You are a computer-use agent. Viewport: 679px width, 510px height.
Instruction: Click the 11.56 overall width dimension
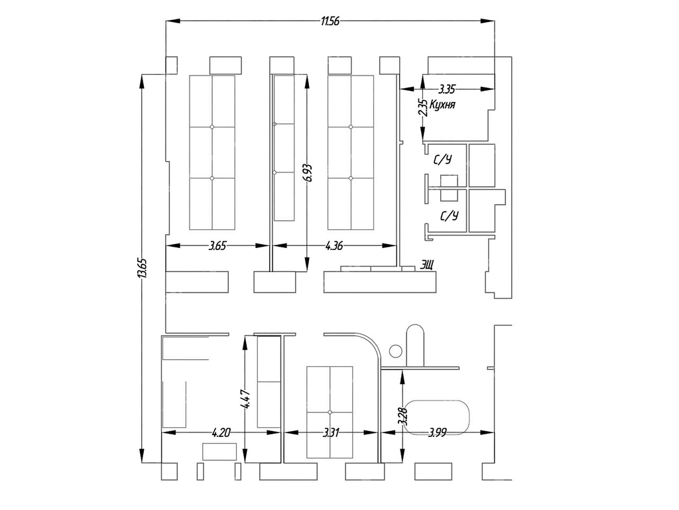(330, 21)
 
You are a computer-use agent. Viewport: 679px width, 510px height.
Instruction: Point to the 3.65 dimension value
(217, 246)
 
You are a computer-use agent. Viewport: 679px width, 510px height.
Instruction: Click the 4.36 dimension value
(334, 246)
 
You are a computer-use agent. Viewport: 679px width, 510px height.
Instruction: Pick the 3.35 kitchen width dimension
(447, 89)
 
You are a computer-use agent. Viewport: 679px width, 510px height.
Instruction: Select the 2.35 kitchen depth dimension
(423, 108)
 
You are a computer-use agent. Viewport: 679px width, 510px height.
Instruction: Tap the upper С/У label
(442, 160)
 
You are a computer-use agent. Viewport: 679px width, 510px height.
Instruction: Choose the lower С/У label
(449, 215)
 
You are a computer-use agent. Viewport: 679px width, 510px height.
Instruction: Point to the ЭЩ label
(426, 264)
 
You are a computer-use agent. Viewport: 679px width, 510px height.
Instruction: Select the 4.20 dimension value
(221, 432)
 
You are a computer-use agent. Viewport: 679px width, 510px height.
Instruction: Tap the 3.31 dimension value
(331, 432)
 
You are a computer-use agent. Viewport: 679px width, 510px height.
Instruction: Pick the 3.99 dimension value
(437, 432)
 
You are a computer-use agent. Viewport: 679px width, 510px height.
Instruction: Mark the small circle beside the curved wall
(395, 351)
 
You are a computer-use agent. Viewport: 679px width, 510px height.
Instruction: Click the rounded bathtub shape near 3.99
(438, 417)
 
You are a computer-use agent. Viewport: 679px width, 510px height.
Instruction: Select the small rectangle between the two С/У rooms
(449, 188)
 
